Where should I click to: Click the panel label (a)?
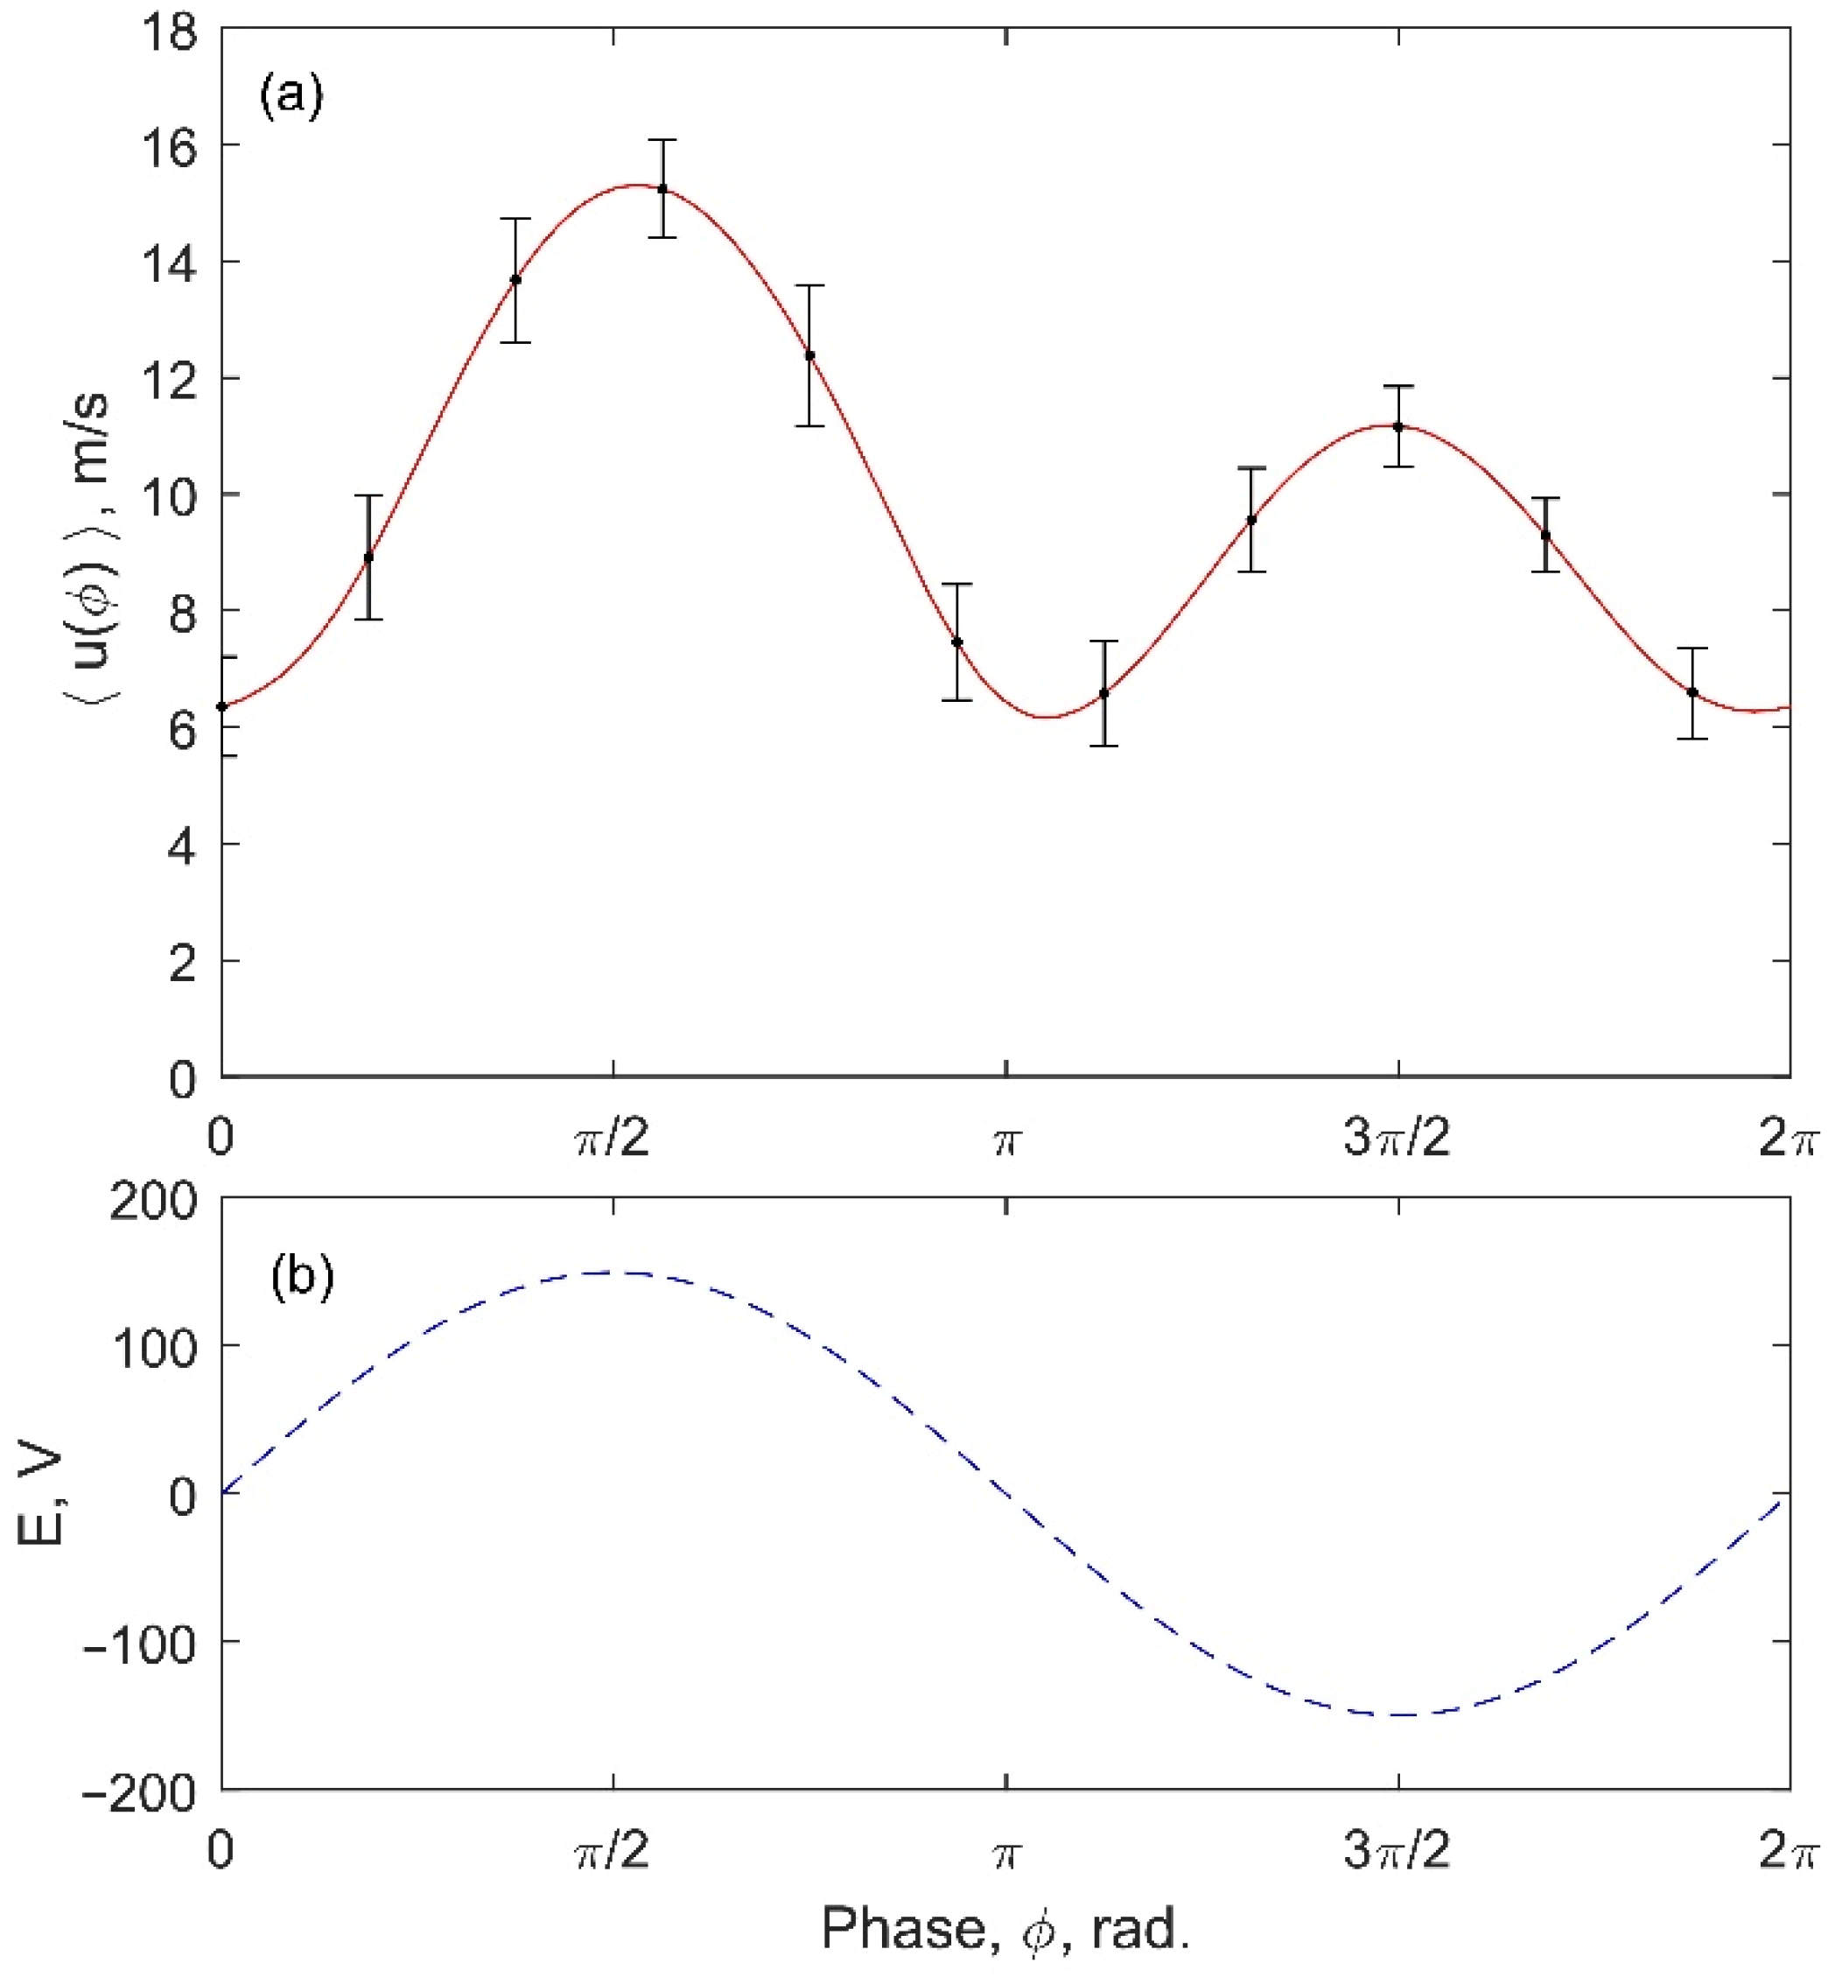tap(291, 97)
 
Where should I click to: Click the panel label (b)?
tap(302, 1277)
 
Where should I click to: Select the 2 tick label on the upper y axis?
tap(182, 962)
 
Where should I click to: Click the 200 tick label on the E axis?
tap(153, 1203)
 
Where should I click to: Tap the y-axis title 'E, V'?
tap(42, 1497)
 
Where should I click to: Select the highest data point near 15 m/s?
tap(662, 189)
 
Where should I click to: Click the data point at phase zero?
tap(222, 706)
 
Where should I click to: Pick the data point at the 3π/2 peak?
tap(1397, 427)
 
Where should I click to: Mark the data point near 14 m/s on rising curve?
tap(515, 280)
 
